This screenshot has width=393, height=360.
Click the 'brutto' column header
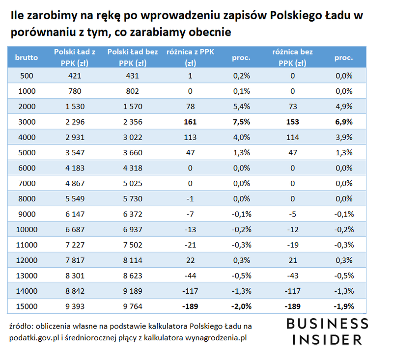pos(27,57)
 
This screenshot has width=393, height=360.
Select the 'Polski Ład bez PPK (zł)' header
pos(132,57)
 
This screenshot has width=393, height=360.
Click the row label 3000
pos(27,122)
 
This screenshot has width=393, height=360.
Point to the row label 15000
pos(27,306)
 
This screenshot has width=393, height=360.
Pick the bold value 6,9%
pos(343,122)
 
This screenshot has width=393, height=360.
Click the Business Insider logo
pos(326,331)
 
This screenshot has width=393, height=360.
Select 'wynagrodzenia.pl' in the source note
pos(217,337)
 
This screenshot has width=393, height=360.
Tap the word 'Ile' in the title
pos(17,16)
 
